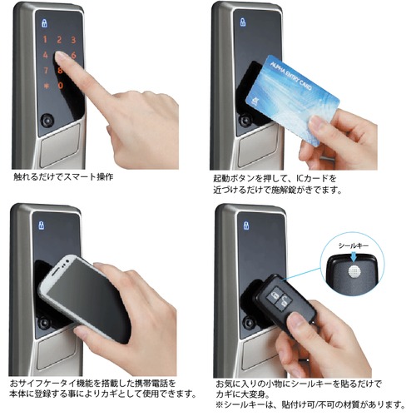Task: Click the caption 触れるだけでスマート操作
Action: tap(62, 177)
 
